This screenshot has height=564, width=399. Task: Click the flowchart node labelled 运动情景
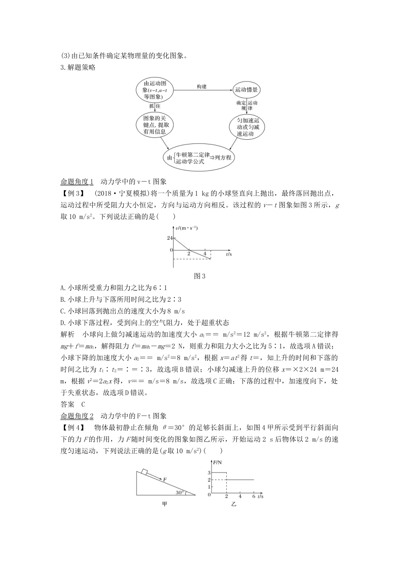247,89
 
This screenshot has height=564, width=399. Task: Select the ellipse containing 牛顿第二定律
199,158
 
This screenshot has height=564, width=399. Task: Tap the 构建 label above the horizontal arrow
202,86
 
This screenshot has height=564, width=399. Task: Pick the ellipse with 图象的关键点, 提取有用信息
155,125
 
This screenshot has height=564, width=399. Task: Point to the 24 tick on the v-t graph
170,238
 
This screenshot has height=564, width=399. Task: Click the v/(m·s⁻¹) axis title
187,228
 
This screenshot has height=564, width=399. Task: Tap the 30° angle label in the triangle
180,492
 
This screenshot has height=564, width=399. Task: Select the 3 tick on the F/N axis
209,473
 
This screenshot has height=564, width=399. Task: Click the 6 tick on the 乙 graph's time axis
253,496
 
